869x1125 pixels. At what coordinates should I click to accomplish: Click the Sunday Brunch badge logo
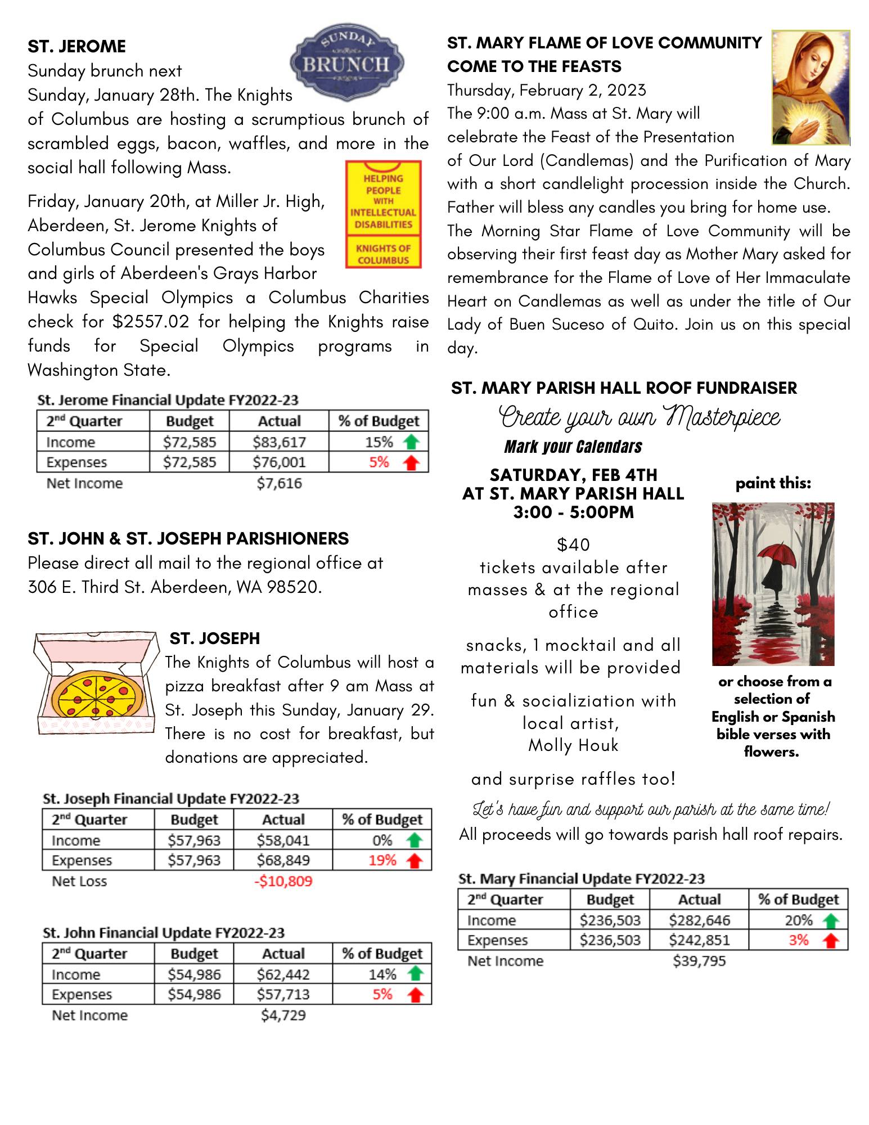pos(346,62)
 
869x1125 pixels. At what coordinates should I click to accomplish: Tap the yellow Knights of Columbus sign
pos(383,214)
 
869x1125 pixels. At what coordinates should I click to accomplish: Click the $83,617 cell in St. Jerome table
pos(279,442)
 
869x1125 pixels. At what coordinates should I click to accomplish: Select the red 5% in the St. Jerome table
pos(379,462)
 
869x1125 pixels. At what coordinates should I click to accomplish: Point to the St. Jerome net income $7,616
pos(279,483)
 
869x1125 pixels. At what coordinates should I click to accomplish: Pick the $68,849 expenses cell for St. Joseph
pos(283,860)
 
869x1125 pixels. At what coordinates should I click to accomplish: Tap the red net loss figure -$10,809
pos(283,881)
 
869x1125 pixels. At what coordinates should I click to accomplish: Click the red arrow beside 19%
pos(415,861)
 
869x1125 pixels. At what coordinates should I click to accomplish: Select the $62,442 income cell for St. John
pos(283,974)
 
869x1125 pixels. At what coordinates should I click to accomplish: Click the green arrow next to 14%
pos(415,974)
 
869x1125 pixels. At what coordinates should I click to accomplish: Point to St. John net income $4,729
pos(283,1015)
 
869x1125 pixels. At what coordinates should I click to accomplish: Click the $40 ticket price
pos(573,544)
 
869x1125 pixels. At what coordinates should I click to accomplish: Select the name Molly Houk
pos(573,745)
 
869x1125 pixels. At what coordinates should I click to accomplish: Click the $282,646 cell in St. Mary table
pos(699,920)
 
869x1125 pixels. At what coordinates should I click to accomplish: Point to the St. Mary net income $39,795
pos(699,961)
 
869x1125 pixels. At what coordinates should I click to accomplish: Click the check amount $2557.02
pos(151,322)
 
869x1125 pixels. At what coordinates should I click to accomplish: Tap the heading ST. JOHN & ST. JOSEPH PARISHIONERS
pos(188,539)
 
